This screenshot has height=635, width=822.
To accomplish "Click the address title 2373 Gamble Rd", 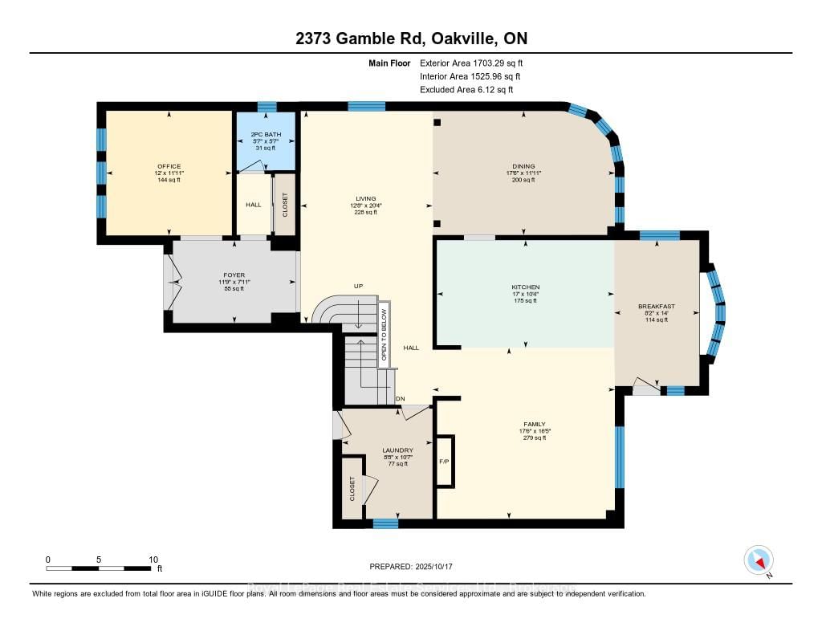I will point(410,39).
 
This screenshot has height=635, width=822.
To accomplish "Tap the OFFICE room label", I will point(169,166).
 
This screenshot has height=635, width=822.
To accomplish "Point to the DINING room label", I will point(523,166).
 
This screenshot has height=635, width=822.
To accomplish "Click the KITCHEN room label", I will point(525,287).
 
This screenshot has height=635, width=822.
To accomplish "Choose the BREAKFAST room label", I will point(657,306).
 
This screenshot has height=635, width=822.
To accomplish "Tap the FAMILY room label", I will point(534,424).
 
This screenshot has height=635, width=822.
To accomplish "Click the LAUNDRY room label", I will point(397,450).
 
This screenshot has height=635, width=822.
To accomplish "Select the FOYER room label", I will point(234,275).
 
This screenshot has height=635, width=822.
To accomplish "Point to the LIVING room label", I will point(366,198).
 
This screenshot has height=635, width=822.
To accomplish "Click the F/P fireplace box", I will point(445,462).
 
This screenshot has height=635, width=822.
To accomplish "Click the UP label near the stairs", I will point(359,286).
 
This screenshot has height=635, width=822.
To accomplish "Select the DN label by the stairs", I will point(400,399).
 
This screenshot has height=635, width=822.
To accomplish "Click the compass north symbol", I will point(759,560).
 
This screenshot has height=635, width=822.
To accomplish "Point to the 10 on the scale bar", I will point(153,560).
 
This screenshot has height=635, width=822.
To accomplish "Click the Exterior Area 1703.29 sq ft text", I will point(473,63).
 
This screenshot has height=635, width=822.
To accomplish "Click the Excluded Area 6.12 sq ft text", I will point(466,90).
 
